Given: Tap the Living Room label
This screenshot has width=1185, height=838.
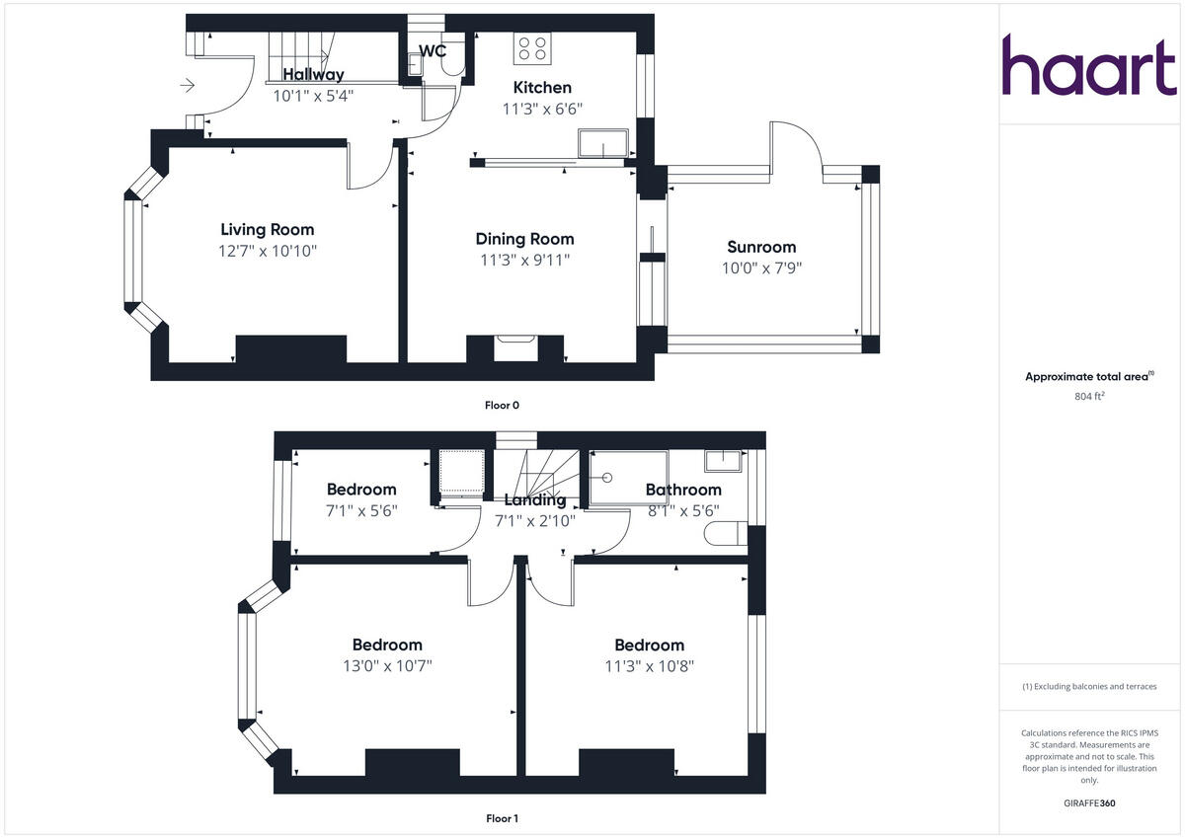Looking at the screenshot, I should click(x=267, y=230).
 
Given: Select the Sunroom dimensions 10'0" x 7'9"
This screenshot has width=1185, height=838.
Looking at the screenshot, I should click(x=760, y=267).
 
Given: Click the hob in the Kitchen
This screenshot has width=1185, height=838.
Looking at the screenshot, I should click(x=531, y=49).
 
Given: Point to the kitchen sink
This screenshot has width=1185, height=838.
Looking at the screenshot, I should click(x=604, y=144).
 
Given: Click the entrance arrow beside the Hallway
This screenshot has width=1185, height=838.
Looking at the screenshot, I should click(x=188, y=87).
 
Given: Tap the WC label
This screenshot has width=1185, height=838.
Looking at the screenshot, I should click(x=433, y=50).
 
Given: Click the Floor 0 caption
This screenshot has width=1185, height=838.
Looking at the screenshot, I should click(x=502, y=405).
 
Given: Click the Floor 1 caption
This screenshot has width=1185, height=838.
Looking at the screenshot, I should click(x=502, y=818).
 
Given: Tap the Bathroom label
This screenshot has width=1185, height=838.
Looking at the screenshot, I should click(x=683, y=490).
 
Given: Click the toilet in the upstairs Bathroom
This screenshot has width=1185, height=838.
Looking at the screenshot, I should click(x=727, y=535).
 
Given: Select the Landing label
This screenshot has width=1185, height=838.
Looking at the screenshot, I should click(x=535, y=499).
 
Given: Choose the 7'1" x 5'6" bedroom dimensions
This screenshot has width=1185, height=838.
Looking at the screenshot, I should click(x=361, y=510).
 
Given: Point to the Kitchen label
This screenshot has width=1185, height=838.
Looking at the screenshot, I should click(x=541, y=88).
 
